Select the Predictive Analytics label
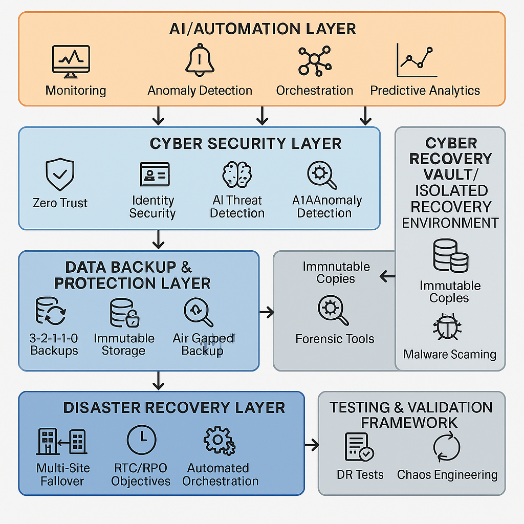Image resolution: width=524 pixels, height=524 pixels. [425, 91]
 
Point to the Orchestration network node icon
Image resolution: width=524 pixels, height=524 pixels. [314, 61]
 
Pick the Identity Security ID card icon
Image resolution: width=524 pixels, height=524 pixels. [154, 174]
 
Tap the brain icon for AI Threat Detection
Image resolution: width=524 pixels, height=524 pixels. [237, 174]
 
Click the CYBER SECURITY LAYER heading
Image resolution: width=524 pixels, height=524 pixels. [246, 144]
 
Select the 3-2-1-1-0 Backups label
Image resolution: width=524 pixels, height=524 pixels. [54, 344]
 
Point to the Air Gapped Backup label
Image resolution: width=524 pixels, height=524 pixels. [203, 344]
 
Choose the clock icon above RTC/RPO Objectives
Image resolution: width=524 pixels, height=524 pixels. [141, 440]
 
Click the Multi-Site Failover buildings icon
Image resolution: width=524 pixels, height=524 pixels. [61, 441]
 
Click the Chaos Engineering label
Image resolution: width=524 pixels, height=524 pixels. [447, 474]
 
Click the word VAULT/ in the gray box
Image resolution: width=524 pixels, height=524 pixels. [450, 174]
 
